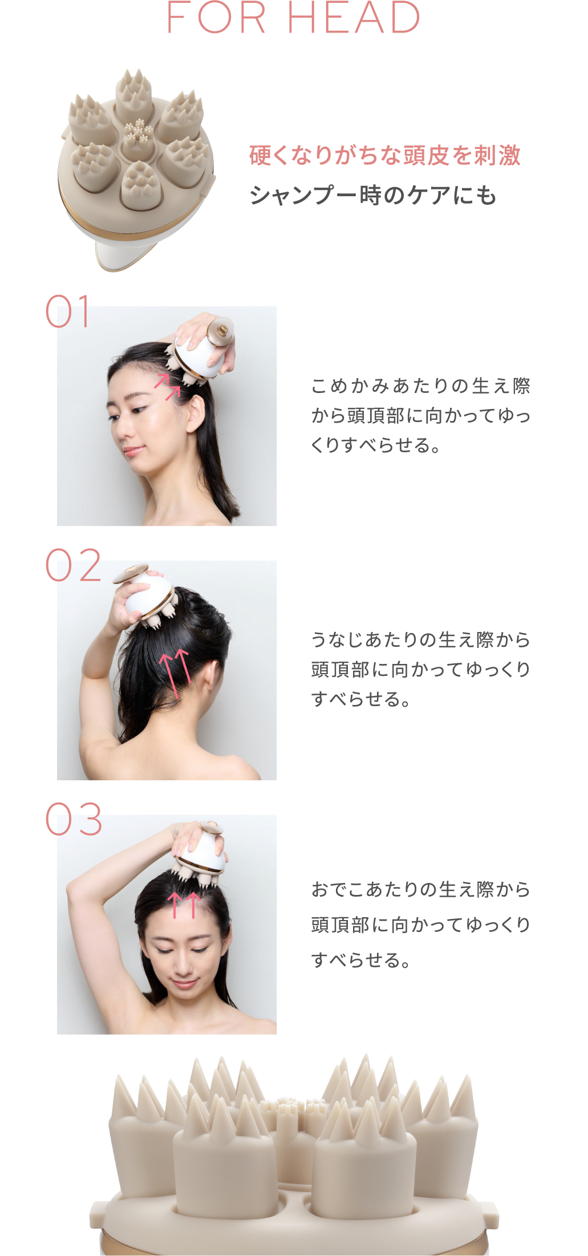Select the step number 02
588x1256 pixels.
(73, 565)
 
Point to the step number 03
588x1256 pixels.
(74, 819)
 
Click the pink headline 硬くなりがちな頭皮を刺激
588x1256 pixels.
(385, 155)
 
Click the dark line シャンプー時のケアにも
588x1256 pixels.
(373, 195)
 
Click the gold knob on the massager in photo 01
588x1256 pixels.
(221, 330)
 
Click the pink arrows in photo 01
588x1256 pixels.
(167, 386)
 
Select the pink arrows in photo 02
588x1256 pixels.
(175, 673)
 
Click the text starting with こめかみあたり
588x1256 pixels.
(421, 415)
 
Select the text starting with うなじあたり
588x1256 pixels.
(421, 669)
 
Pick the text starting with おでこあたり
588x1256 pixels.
(421, 924)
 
